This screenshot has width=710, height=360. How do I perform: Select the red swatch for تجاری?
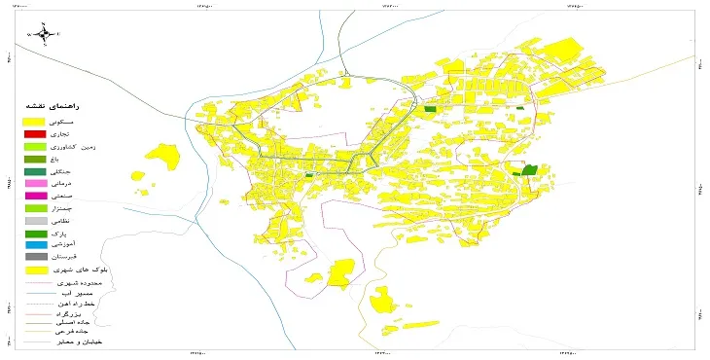[35, 133]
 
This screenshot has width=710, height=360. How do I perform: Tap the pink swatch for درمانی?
[35, 183]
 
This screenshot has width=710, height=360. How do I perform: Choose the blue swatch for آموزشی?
[35, 245]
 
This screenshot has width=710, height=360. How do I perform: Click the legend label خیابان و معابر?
[83, 343]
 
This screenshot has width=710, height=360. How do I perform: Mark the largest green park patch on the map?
[529, 170]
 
